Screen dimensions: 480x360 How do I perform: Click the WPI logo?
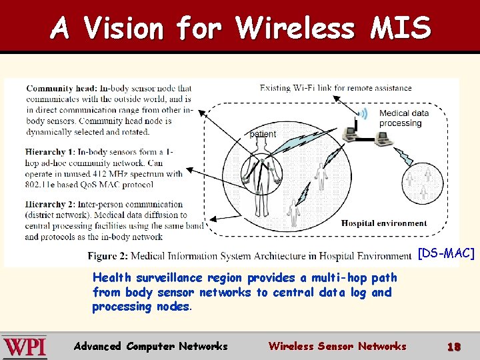(24, 347)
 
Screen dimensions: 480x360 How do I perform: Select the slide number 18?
(454, 347)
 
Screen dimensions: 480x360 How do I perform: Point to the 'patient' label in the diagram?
(262, 133)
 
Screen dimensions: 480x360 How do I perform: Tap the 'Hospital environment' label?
(384, 223)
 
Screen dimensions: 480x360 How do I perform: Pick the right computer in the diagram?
(382, 138)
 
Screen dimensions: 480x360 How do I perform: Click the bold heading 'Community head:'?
(61, 88)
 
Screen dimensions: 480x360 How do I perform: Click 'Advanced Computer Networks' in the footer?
(151, 346)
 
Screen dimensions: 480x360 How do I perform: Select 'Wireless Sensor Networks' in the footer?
(337, 346)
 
